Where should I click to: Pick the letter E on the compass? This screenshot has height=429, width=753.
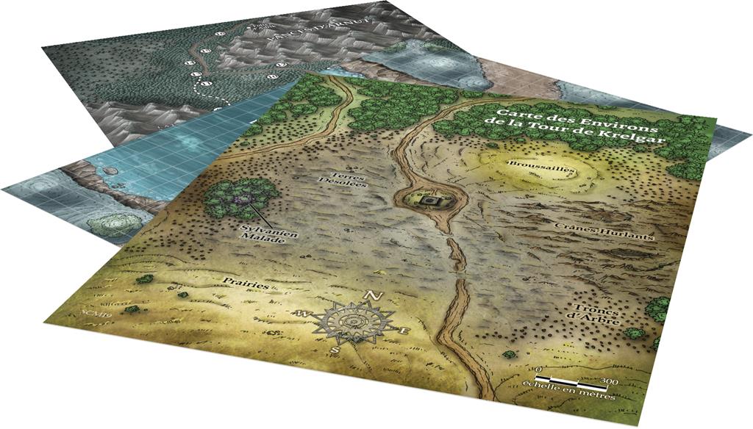coord(404,332)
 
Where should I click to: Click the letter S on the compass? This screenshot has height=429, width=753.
coord(335,350)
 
